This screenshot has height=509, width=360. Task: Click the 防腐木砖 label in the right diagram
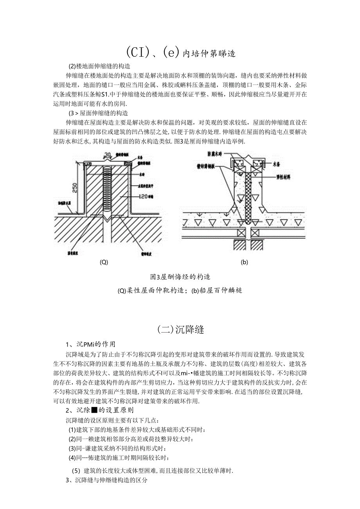coord(215,154)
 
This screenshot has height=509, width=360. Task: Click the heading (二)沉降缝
coord(180,329)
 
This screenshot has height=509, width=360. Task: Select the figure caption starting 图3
coord(180,277)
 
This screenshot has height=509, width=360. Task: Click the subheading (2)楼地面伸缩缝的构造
coord(99,66)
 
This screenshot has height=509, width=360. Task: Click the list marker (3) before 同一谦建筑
coord(72,448)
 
